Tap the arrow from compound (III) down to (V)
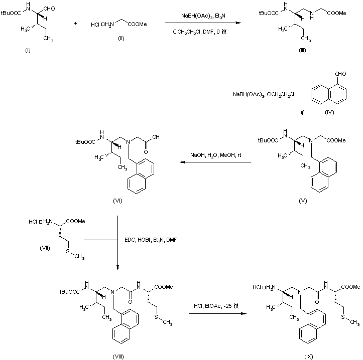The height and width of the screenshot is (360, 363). click(303, 93)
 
